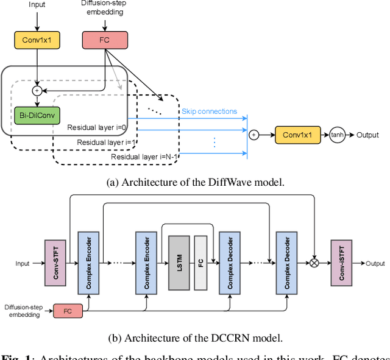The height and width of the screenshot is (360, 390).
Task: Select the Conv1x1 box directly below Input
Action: pos(37,40)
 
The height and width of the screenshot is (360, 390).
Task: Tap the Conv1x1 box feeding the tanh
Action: pos(298,135)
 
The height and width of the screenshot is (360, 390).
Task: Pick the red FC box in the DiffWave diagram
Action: pos(105,40)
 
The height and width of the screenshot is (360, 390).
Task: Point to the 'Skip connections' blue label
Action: pos(209,111)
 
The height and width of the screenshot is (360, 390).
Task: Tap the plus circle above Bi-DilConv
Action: pos(37,90)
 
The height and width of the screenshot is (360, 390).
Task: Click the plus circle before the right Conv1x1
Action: pos(253,135)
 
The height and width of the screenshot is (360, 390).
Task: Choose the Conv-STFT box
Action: pos(54,263)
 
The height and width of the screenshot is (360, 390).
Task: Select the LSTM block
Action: pos(180,263)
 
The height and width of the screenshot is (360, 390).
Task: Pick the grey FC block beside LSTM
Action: pos(200,263)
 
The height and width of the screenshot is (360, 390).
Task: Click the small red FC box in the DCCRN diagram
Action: pos(68,311)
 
